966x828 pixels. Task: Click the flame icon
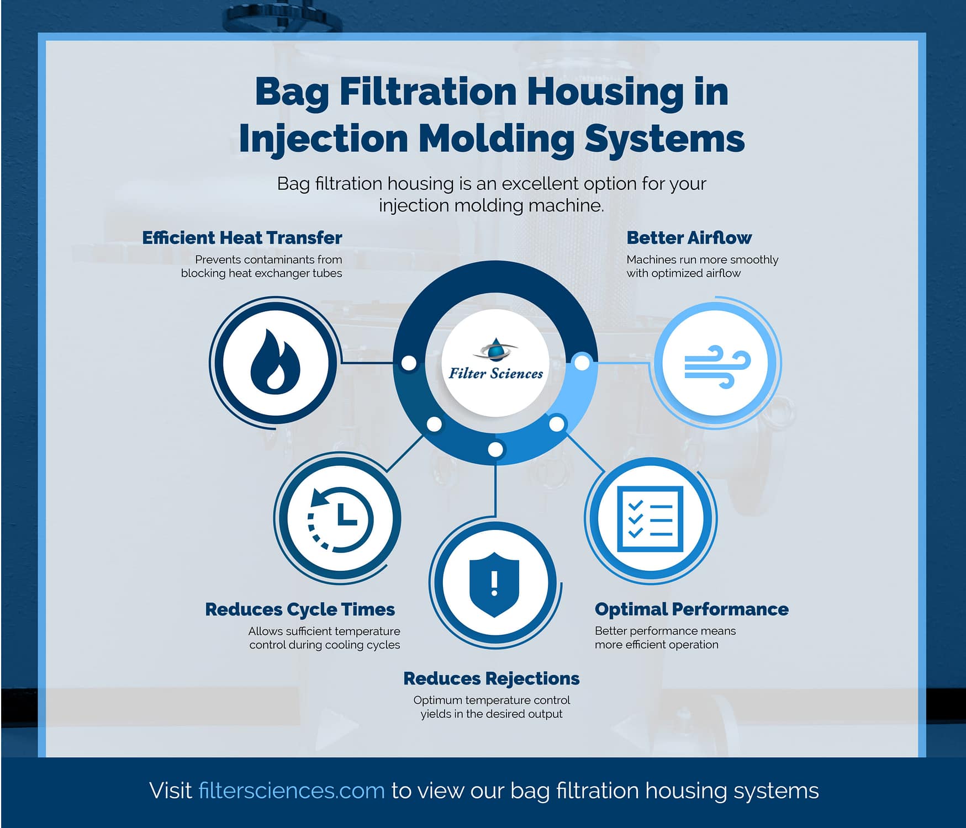coord(275,362)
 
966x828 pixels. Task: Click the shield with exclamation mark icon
coord(494,584)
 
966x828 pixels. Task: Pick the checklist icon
coord(650,518)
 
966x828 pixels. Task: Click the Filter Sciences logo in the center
coord(496,363)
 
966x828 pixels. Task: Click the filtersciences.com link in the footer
coord(292,790)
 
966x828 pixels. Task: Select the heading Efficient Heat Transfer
coord(242,237)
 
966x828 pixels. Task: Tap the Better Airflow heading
coord(689,237)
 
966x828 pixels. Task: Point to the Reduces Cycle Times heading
coord(300,609)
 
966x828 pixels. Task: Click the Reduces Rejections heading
coord(492,678)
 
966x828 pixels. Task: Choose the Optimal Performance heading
coord(691,609)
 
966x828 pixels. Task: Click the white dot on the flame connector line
coord(409,363)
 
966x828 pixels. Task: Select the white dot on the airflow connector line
coord(582,363)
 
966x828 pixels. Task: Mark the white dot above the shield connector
coord(495,449)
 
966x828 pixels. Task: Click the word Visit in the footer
coord(171,790)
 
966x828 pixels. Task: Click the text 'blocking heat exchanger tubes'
coord(261,273)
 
